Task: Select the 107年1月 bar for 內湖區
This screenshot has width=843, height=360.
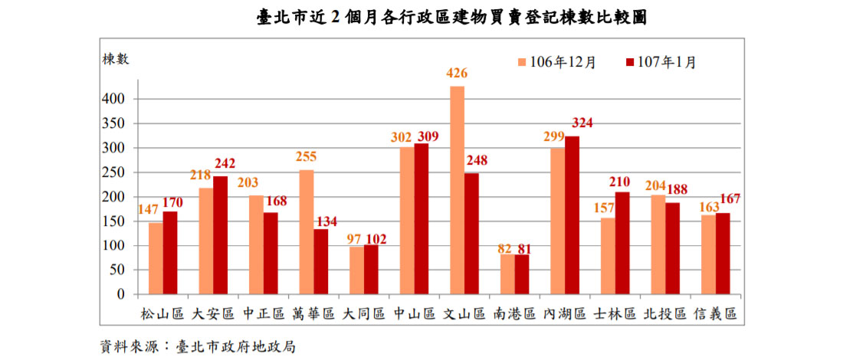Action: [572, 215]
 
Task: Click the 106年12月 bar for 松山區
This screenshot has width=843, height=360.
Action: [156, 258]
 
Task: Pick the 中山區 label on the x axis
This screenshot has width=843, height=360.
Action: [413, 314]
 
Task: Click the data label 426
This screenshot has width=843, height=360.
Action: [458, 74]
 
